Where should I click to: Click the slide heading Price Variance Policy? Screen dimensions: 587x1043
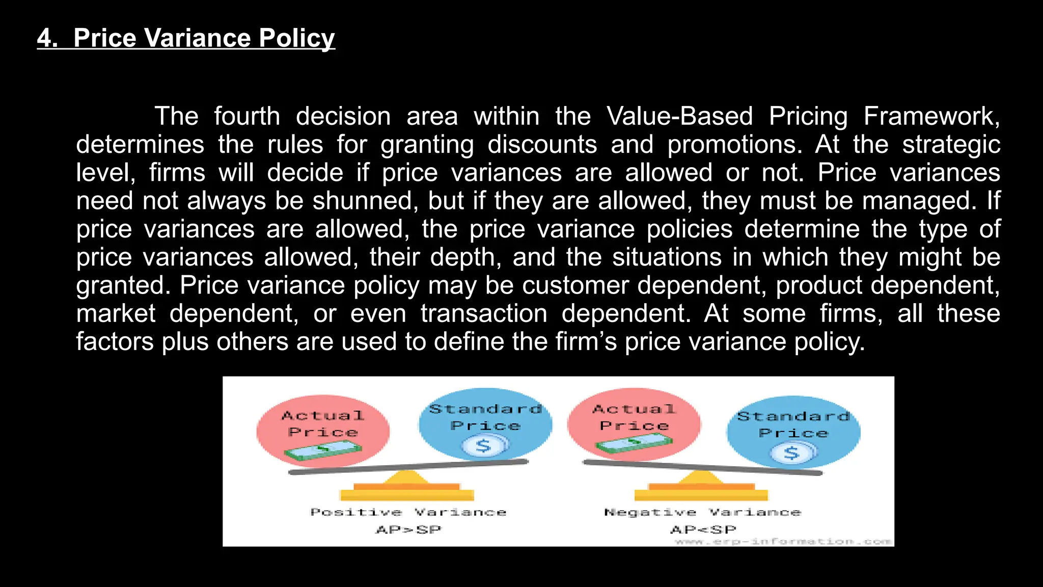tap(186, 38)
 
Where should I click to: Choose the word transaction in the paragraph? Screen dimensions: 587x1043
tap(484, 313)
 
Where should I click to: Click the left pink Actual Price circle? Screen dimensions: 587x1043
tap(323, 431)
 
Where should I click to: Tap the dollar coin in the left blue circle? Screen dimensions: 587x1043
tap(484, 446)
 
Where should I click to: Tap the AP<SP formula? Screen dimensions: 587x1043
tap(703, 530)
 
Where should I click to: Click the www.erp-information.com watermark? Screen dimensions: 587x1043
tap(783, 542)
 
